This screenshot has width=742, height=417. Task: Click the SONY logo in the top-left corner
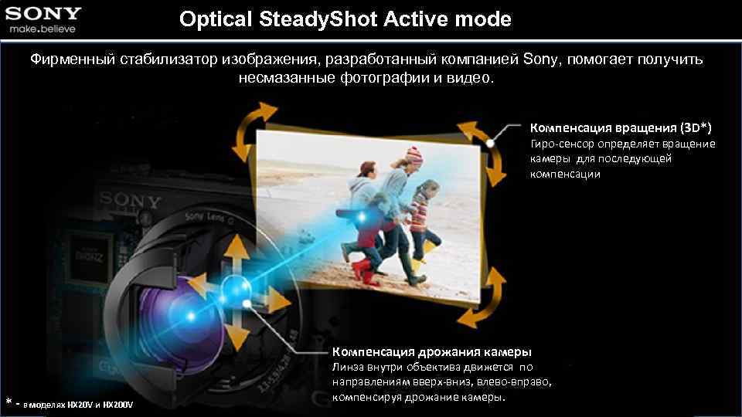pyautogui.click(x=44, y=13)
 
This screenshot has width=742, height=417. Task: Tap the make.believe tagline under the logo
pyautogui.click(x=43, y=29)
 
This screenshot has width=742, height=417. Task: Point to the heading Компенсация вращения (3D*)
pyautogui.click(x=620, y=126)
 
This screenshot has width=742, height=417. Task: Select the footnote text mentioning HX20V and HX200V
pyautogui.click(x=77, y=404)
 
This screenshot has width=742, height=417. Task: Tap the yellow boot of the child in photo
pyautogui.click(x=417, y=268)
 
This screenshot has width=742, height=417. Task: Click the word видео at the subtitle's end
pyautogui.click(x=467, y=79)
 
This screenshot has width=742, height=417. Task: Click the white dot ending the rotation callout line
pyautogui.click(x=492, y=143)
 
